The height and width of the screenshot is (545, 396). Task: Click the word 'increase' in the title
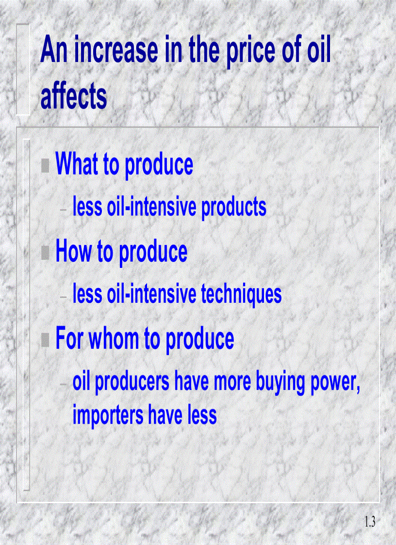point(116,50)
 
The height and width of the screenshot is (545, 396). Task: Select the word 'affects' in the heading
point(73,96)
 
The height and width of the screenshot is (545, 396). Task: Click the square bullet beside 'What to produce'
point(45,166)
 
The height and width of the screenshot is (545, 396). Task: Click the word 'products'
point(234,207)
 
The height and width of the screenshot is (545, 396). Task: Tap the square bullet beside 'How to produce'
point(45,252)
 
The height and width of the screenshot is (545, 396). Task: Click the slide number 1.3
point(369,523)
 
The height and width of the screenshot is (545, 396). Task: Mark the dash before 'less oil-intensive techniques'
point(64,297)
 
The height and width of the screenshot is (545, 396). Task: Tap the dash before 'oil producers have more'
point(64,384)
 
